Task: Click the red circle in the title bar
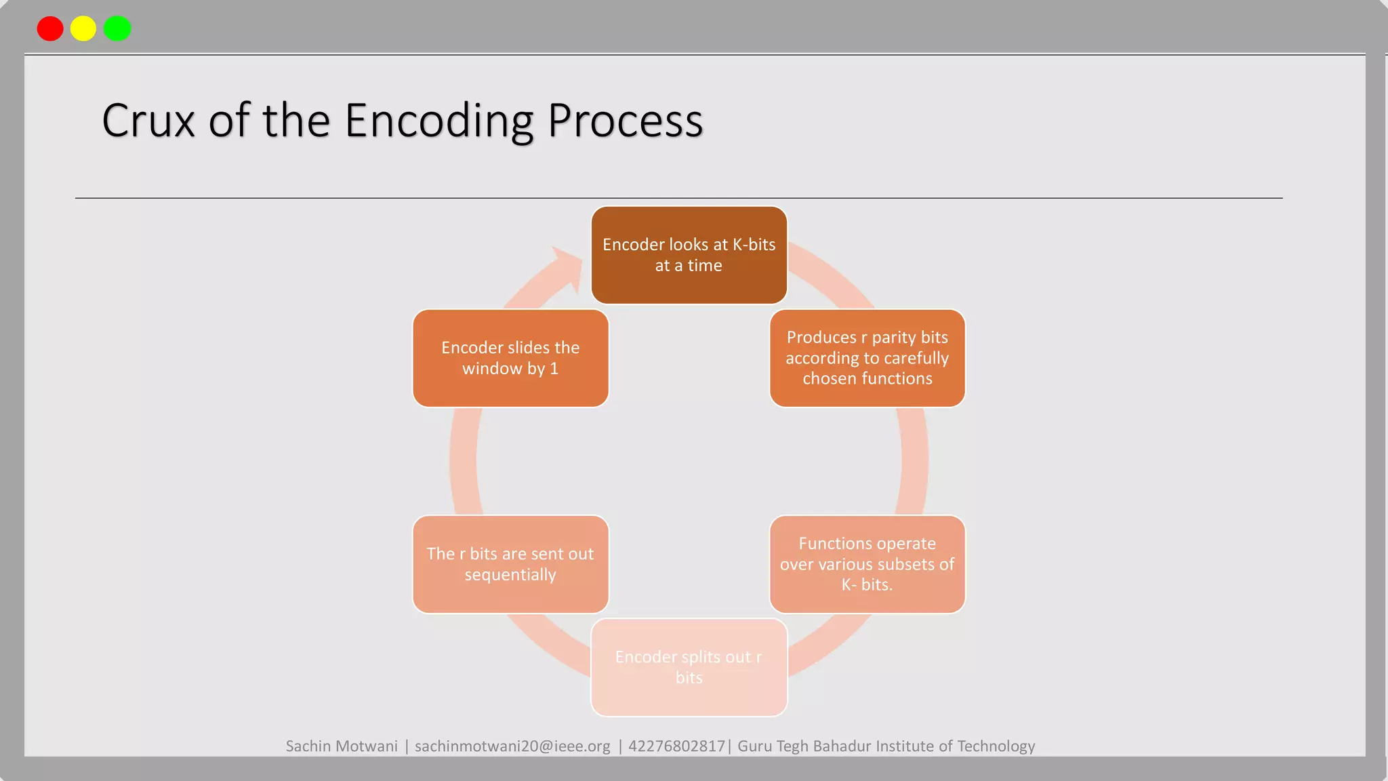pyautogui.click(x=50, y=28)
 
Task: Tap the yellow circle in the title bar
pyautogui.click(x=83, y=28)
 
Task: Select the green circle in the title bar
pyautogui.click(x=117, y=28)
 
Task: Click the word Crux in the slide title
pyautogui.click(x=148, y=121)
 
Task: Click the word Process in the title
pyautogui.click(x=625, y=121)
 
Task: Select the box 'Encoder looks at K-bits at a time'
pyautogui.click(x=689, y=255)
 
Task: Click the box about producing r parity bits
pyautogui.click(x=867, y=358)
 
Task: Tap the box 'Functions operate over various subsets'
pyautogui.click(x=867, y=564)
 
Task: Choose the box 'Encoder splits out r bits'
pyautogui.click(x=689, y=667)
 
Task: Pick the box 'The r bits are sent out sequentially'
pyautogui.click(x=510, y=564)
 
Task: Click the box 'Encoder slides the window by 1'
pyautogui.click(x=510, y=358)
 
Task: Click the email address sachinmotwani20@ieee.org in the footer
pyautogui.click(x=512, y=746)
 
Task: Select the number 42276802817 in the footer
pyautogui.click(x=676, y=746)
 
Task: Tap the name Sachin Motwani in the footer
pyautogui.click(x=342, y=746)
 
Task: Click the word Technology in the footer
pyautogui.click(x=996, y=746)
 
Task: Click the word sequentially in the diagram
pyautogui.click(x=510, y=575)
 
